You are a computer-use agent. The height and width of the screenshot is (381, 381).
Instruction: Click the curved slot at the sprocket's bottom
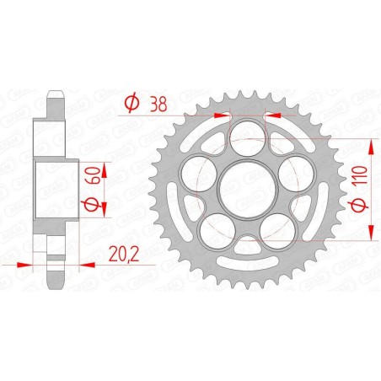[x=246, y=246]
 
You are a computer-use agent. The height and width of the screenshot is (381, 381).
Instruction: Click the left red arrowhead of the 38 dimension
[x=222, y=114]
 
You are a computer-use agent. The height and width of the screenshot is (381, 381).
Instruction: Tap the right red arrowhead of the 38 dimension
[x=271, y=114]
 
